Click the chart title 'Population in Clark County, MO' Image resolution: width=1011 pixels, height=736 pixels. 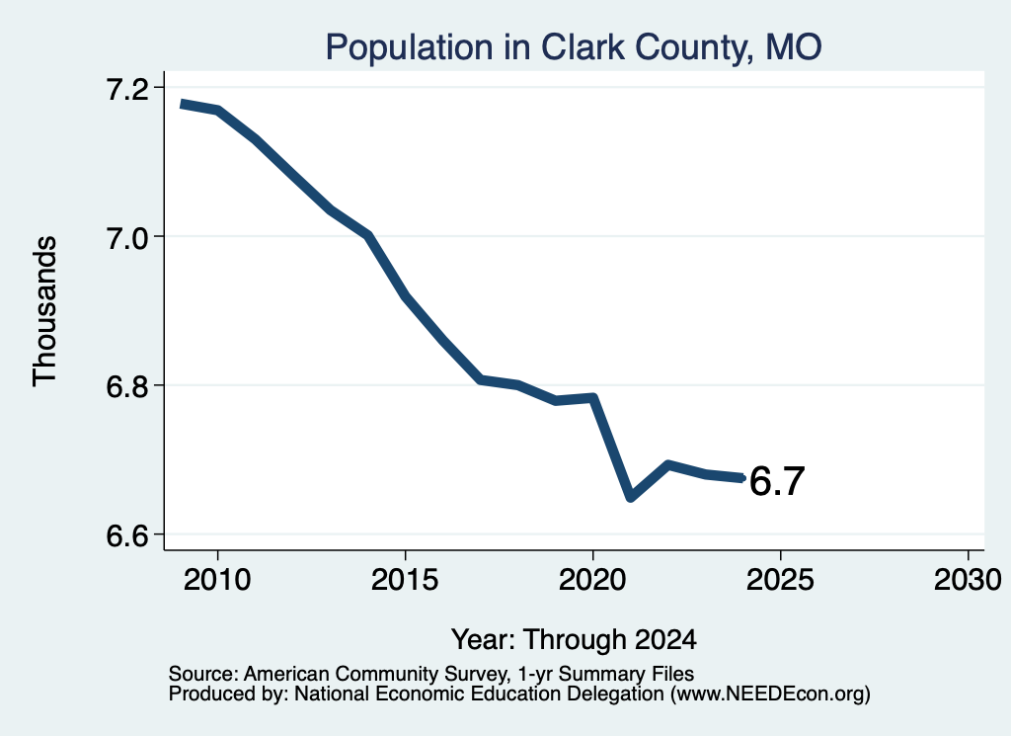574,47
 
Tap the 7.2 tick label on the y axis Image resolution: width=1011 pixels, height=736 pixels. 126,89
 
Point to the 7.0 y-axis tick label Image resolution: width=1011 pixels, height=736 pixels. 126,238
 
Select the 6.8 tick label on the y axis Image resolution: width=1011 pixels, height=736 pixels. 126,387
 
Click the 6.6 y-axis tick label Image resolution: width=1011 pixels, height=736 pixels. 126,536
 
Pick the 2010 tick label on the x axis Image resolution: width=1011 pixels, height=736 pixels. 217,580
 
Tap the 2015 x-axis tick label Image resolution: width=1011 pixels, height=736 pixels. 405,580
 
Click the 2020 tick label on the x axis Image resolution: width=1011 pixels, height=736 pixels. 592,580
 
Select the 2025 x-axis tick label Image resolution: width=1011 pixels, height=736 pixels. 780,580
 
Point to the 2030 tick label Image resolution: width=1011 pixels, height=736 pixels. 968,580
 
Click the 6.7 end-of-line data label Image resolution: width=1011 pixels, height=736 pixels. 777,481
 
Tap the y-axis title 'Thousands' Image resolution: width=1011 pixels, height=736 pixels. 45,311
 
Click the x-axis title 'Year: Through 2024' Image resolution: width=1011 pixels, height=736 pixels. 574,639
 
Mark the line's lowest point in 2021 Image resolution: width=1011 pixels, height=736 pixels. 631,497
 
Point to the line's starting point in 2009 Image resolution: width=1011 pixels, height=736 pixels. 182,103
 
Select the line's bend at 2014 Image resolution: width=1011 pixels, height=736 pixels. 368,235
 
